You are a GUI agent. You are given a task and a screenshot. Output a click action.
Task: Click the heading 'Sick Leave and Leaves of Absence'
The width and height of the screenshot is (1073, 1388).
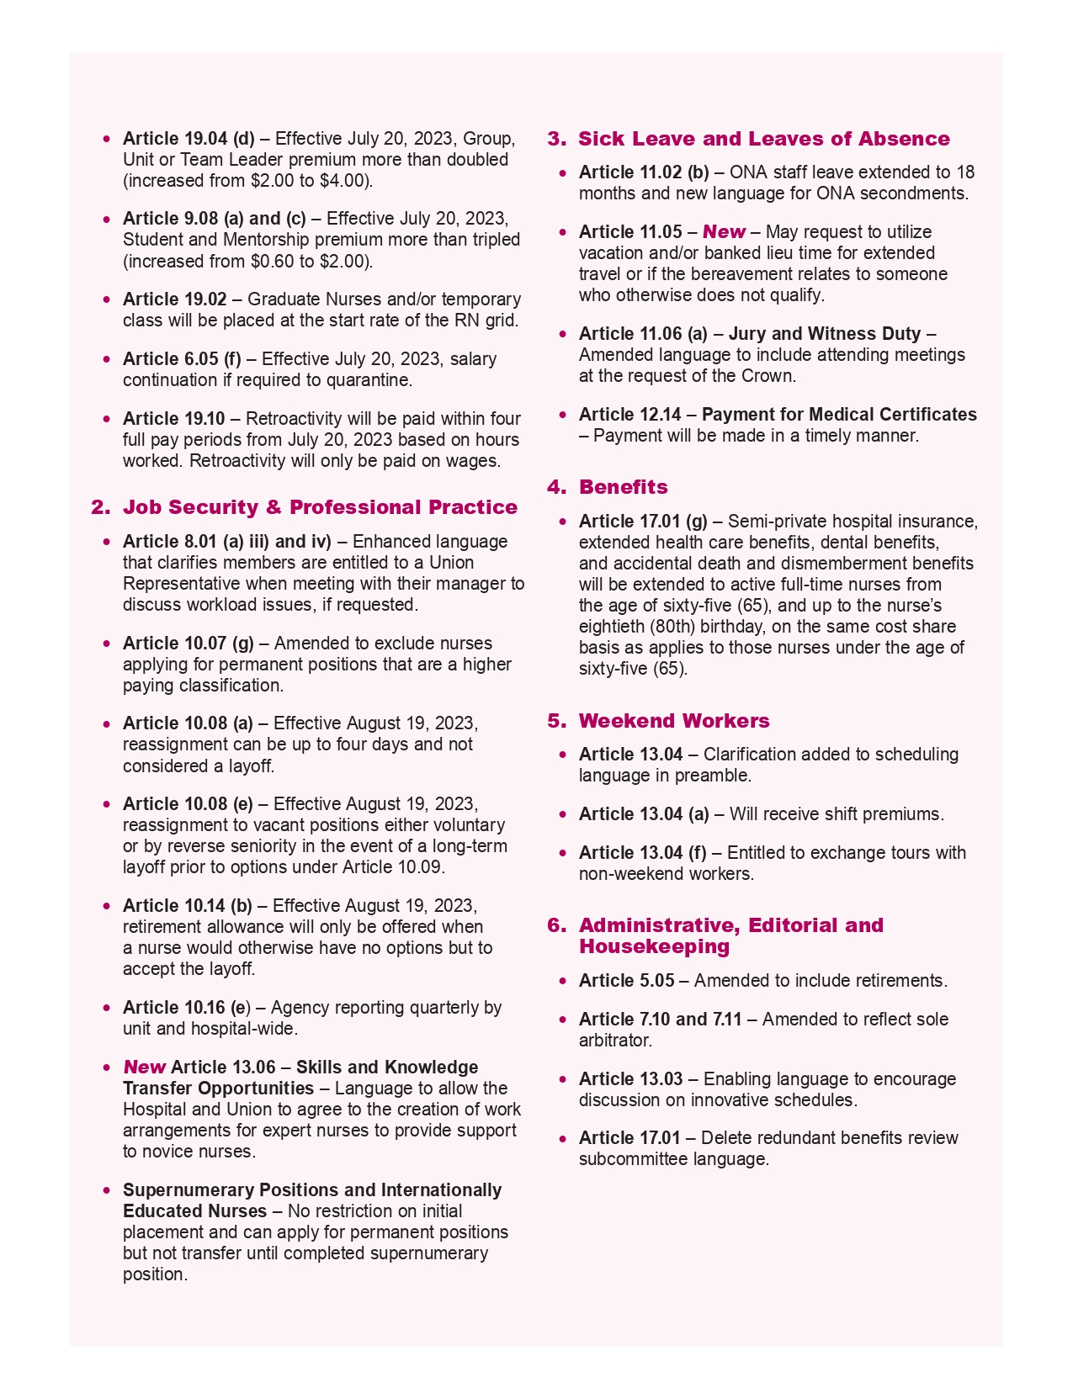click(763, 139)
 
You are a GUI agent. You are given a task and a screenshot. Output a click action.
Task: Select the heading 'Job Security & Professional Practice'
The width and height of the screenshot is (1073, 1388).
click(320, 507)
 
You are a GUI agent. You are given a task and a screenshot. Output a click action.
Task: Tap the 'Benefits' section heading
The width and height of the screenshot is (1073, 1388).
click(623, 487)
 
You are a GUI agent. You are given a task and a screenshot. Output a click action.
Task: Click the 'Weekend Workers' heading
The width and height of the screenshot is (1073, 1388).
click(673, 721)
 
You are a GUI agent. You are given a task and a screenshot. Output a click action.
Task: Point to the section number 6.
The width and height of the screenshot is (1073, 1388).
click(556, 925)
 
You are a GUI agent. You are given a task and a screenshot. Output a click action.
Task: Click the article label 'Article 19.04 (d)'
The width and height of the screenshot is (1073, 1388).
click(189, 139)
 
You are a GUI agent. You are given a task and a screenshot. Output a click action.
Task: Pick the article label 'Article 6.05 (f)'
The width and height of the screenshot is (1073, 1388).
click(182, 359)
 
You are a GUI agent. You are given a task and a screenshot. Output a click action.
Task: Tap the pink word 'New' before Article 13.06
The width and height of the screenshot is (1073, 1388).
click(144, 1067)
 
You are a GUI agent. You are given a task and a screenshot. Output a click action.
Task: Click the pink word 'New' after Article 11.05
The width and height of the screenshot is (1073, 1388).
click(724, 232)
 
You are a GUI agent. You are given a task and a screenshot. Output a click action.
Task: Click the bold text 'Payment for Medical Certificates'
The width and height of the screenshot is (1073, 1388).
click(839, 415)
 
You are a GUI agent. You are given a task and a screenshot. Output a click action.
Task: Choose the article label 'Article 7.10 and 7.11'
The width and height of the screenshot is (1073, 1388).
click(660, 1020)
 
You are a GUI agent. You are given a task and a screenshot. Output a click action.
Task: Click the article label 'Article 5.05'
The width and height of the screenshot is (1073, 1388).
click(626, 981)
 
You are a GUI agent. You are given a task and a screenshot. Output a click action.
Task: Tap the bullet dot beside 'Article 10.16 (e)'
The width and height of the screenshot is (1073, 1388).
click(106, 1008)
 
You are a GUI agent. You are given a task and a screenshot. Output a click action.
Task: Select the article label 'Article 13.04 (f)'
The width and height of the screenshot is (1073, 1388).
click(642, 853)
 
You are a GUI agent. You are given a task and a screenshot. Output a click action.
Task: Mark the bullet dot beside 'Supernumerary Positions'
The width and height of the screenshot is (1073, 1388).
click(106, 1190)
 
